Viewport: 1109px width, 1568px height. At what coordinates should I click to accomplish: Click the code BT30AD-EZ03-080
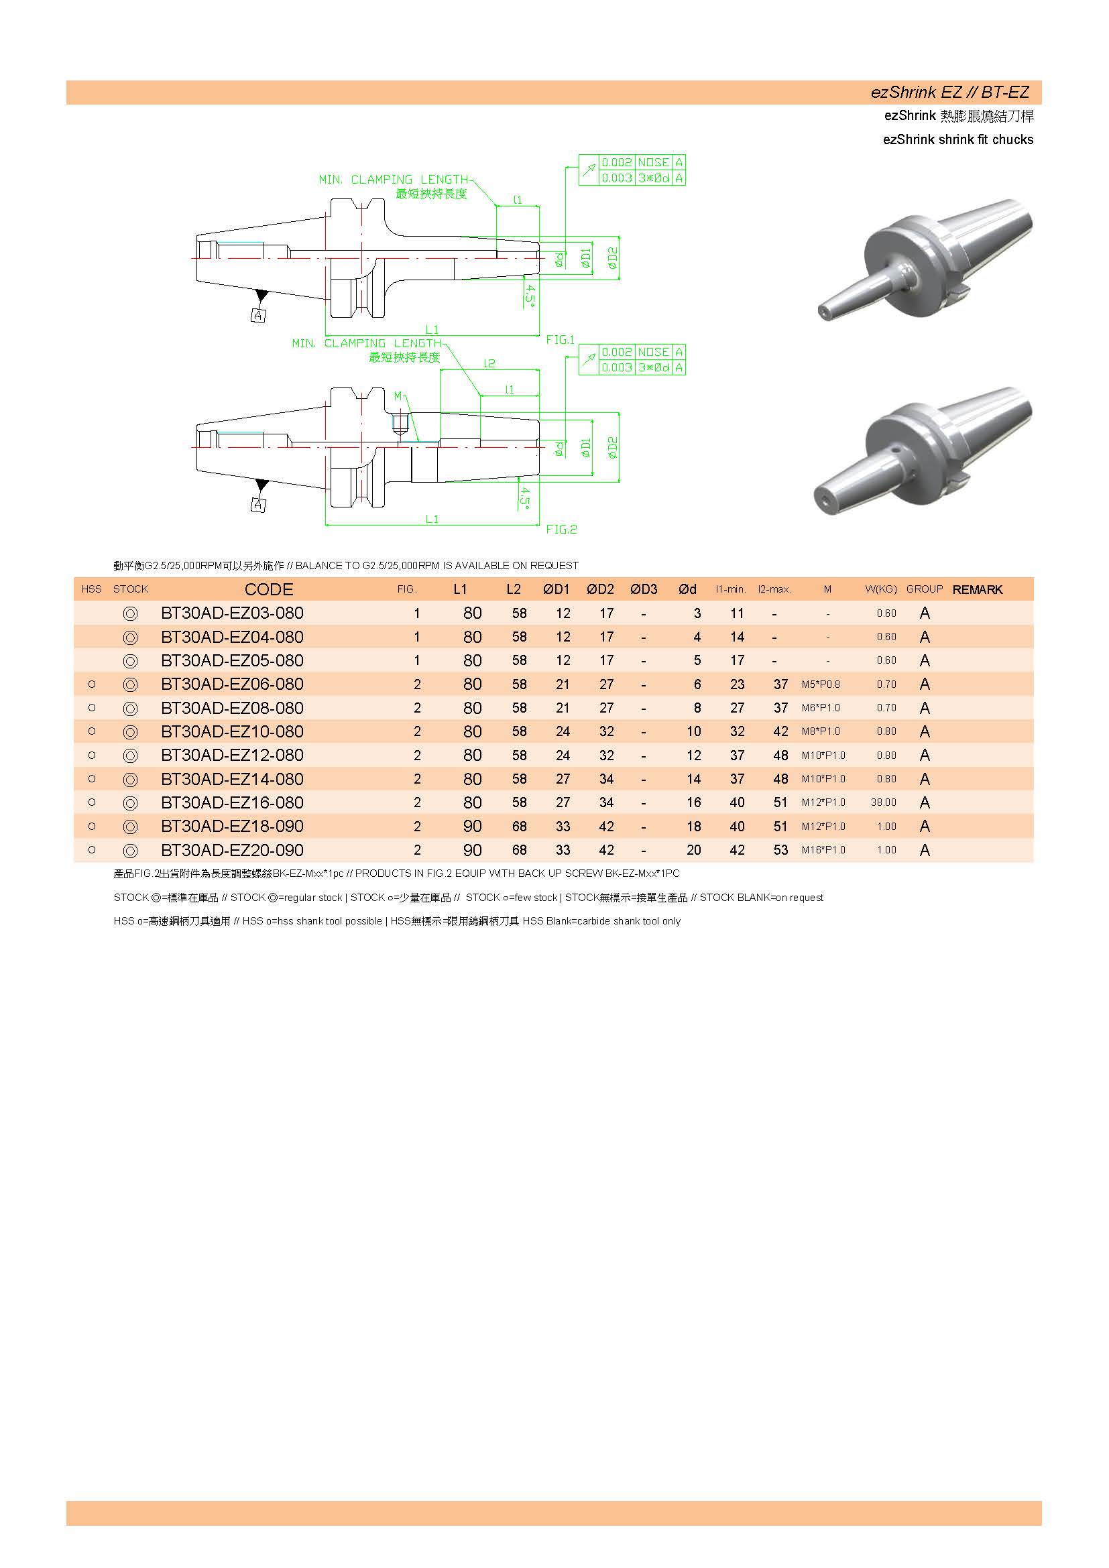(x=232, y=613)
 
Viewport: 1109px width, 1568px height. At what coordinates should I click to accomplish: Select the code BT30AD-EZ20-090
(x=232, y=850)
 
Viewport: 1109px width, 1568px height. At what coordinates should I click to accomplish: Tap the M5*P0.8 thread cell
(x=821, y=684)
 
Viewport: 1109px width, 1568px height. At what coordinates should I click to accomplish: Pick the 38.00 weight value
(x=884, y=803)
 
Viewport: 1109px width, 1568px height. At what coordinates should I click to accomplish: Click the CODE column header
(x=268, y=589)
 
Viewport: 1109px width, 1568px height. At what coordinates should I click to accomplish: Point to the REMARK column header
(x=977, y=589)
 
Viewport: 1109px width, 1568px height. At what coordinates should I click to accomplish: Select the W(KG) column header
(x=880, y=589)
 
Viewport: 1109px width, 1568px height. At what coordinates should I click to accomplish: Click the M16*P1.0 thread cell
(x=823, y=850)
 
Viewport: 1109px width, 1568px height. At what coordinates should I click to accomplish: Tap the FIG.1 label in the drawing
(x=561, y=339)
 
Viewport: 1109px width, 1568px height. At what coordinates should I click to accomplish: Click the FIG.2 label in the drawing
(x=561, y=530)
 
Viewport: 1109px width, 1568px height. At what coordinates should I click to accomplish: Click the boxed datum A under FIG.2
(x=258, y=505)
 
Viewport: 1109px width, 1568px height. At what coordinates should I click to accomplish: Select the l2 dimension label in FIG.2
(x=489, y=363)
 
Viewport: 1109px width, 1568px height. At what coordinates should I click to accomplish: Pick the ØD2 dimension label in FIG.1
(x=613, y=257)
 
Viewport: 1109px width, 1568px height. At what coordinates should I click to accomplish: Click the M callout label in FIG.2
(x=398, y=396)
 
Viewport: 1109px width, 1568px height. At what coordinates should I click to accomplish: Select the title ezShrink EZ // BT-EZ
(x=949, y=93)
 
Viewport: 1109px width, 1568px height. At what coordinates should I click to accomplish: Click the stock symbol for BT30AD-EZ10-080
(x=131, y=732)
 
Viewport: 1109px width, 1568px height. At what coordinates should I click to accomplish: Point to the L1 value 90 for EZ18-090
(x=473, y=827)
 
